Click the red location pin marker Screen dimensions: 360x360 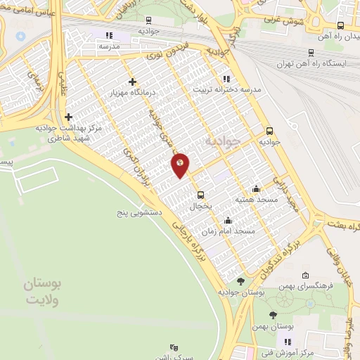click(x=180, y=165)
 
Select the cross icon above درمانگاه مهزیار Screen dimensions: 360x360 click(x=132, y=82)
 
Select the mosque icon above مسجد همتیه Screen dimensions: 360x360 click(x=256, y=188)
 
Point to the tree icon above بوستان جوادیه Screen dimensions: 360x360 click(x=241, y=281)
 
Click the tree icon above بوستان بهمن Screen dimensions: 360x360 click(x=273, y=316)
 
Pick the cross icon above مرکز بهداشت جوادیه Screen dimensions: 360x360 click(x=68, y=117)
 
